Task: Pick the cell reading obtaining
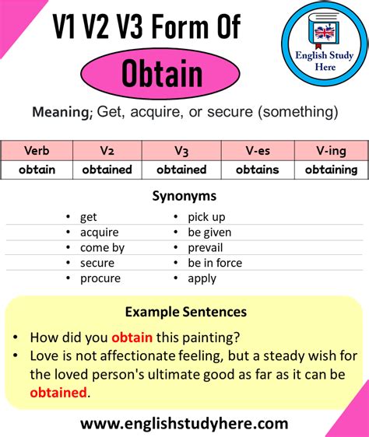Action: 331,170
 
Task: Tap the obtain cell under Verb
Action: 37,170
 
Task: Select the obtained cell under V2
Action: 107,170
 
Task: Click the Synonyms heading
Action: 184,196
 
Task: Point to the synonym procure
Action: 100,278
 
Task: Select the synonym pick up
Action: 208,216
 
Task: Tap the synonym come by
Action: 102,247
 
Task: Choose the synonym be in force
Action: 215,263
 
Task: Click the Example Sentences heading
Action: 185,312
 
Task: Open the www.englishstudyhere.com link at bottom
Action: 184,424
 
